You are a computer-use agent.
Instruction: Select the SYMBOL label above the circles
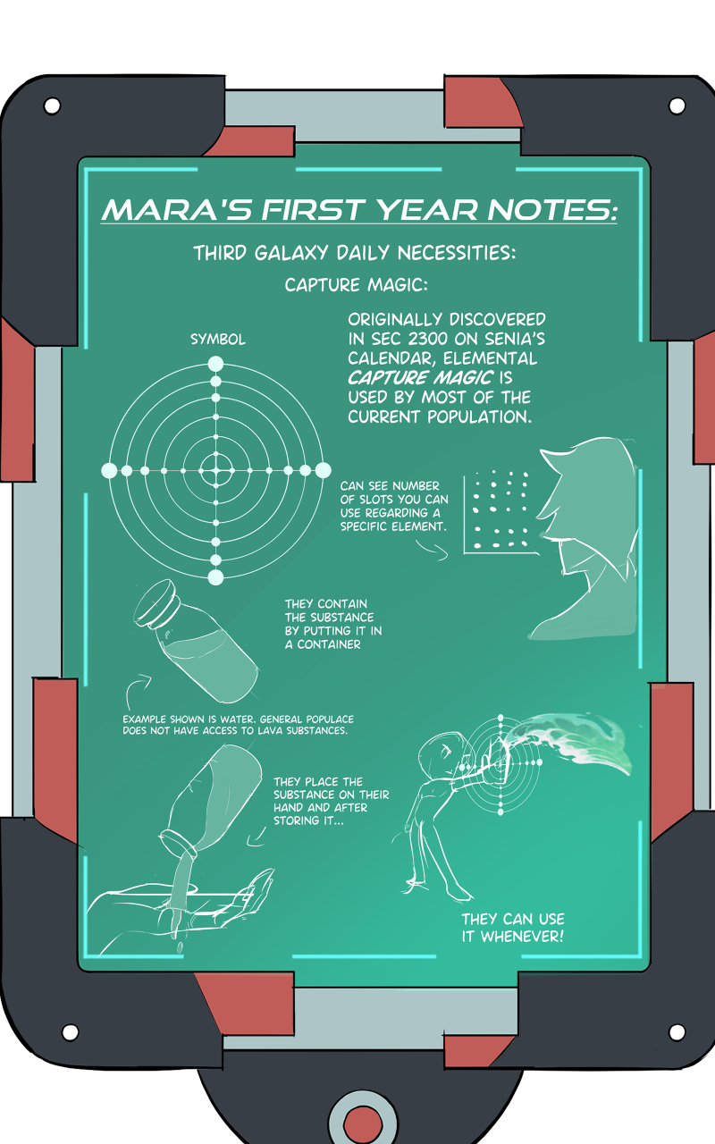pos(218,340)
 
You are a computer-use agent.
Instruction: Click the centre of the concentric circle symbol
pos(215,469)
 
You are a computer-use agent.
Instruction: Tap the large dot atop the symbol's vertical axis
pos(215,363)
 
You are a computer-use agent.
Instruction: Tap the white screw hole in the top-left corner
pos(52,106)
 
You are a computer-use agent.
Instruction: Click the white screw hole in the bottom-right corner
pos(677,1032)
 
